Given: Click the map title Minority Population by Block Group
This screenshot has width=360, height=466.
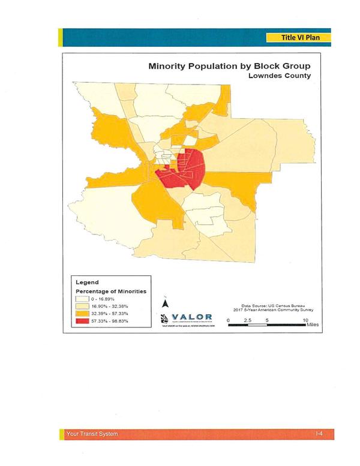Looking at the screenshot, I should point(230,66).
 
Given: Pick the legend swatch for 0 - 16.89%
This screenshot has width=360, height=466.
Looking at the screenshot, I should point(82,299).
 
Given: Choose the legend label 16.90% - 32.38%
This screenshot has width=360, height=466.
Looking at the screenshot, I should point(110,306).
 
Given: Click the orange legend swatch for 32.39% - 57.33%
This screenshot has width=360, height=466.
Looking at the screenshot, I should point(82,314).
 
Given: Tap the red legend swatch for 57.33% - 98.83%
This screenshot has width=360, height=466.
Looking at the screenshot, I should point(82,321).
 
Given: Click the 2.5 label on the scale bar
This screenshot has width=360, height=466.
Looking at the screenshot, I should point(248,320).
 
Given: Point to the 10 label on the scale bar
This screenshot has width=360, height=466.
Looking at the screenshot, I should point(305,320).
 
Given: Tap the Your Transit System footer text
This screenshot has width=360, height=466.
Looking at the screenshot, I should point(92,434).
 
